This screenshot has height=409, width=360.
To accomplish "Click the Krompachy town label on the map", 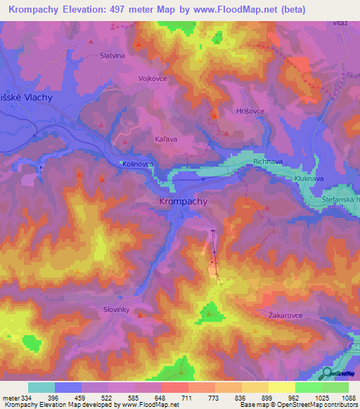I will [x=179, y=202].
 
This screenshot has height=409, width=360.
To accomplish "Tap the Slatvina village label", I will [x=112, y=56].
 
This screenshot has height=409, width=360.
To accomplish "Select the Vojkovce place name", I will [x=153, y=79].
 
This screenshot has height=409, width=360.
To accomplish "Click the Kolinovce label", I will [x=137, y=164].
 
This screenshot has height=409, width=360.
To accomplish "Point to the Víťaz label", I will [x=340, y=23].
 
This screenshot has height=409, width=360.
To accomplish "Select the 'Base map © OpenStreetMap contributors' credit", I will [x=298, y=405].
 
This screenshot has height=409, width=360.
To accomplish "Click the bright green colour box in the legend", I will [x=308, y=387].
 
